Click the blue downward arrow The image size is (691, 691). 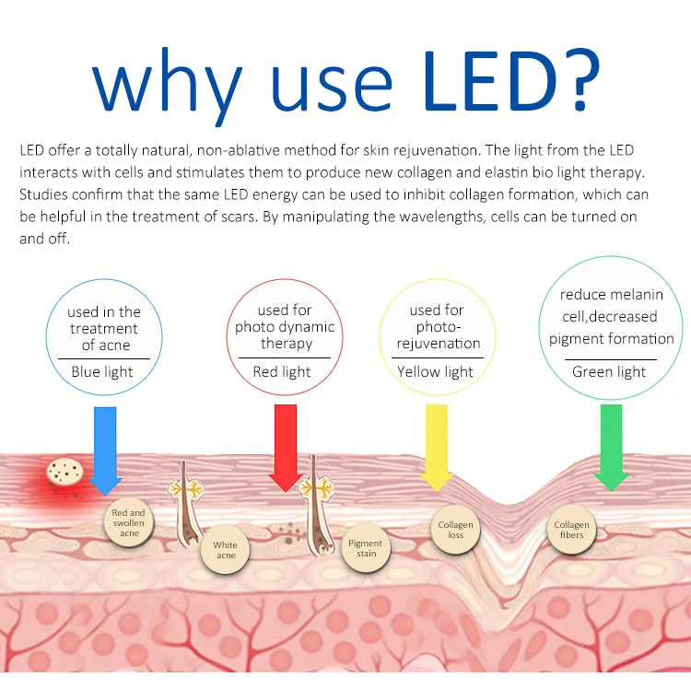[x=105, y=450]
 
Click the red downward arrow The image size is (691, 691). [x=286, y=447]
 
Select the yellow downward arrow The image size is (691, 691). [x=437, y=447]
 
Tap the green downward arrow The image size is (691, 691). [x=611, y=447]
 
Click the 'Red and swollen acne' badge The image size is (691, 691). [x=129, y=522]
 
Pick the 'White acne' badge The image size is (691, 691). [x=225, y=550]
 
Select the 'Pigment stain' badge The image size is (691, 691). [x=366, y=548]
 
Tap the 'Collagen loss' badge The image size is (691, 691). [x=455, y=530]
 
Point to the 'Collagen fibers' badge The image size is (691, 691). [x=571, y=530]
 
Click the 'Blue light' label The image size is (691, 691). [x=102, y=372]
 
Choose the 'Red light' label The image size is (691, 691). [x=282, y=372]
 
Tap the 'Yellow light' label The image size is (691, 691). [x=436, y=372]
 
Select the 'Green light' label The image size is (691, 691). [x=609, y=372]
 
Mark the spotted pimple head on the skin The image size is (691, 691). [x=64, y=472]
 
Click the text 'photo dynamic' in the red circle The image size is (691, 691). [x=285, y=327]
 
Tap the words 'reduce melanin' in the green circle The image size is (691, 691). [x=612, y=295]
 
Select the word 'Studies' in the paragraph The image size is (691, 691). [x=43, y=194]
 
